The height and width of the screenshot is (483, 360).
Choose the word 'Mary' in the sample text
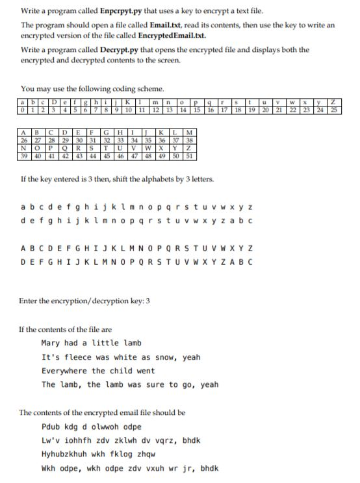(x=51, y=343)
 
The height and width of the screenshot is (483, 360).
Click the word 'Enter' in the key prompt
(x=31, y=301)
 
